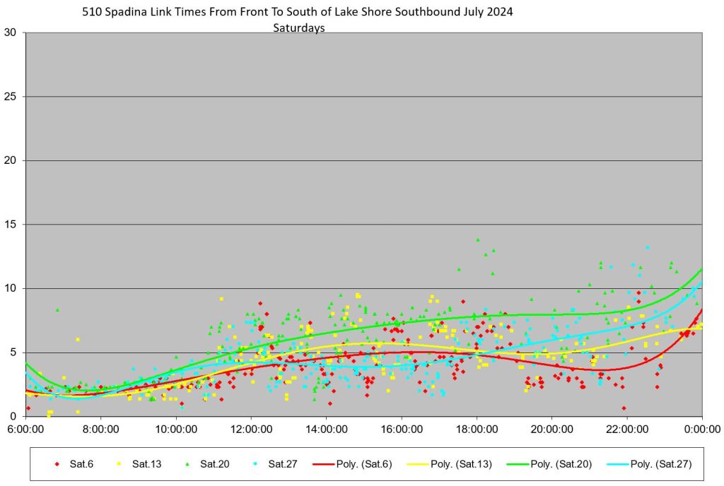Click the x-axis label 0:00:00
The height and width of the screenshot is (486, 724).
[702, 429]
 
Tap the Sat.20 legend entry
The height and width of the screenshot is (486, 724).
[213, 464]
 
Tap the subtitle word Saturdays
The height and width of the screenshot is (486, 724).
[298, 28]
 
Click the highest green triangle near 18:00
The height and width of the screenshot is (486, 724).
[478, 239]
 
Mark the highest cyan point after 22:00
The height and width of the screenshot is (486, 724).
[647, 248]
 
